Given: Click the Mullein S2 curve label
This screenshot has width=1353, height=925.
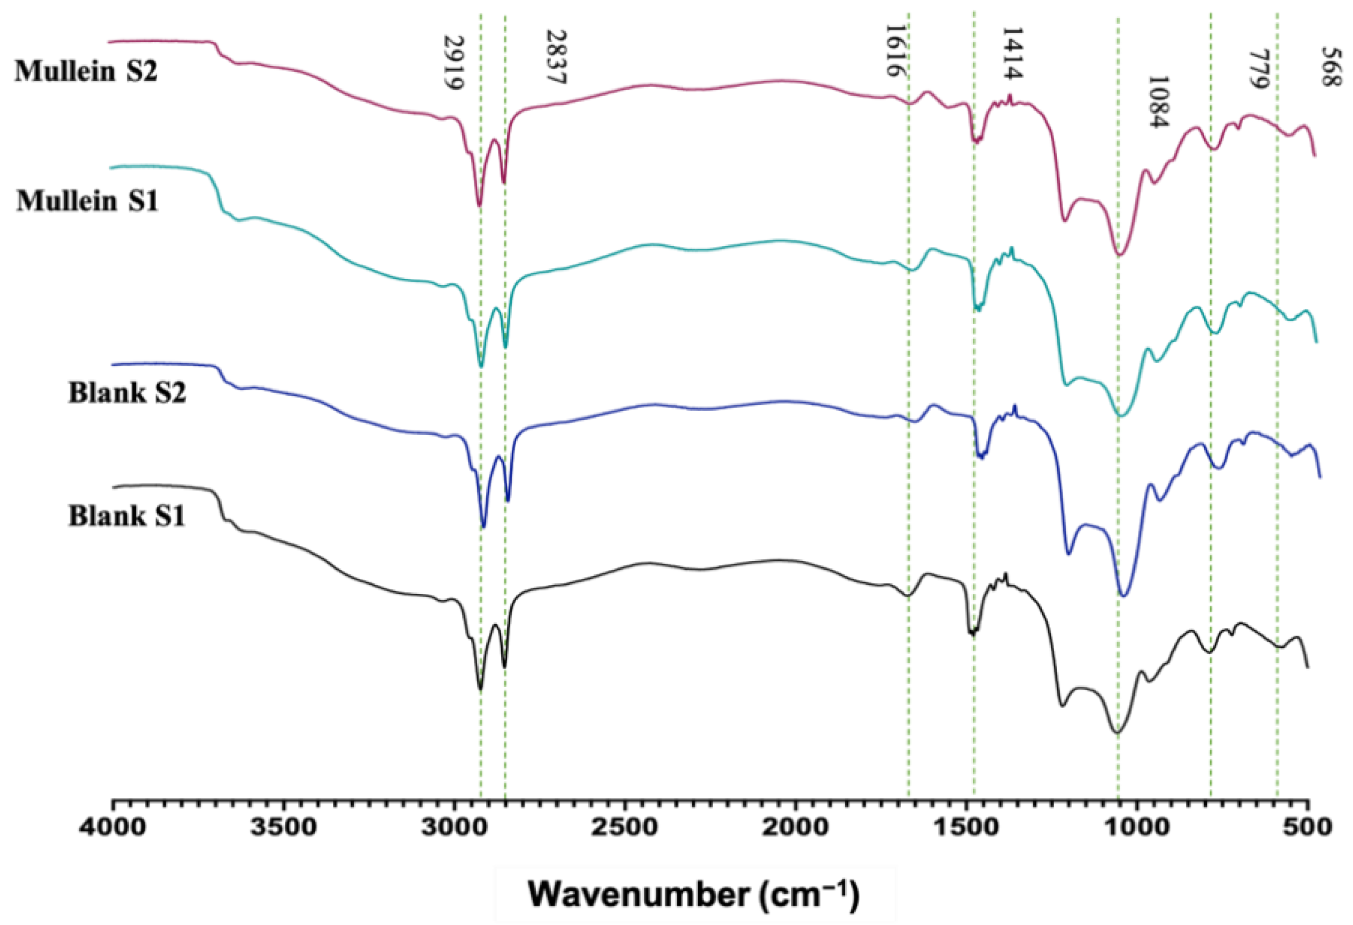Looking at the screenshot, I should click(86, 72).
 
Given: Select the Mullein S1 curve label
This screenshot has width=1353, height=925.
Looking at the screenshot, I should click(88, 201).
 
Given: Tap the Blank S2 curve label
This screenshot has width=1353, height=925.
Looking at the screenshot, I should click(128, 394).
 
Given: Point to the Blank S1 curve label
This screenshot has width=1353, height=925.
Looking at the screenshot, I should click(127, 516).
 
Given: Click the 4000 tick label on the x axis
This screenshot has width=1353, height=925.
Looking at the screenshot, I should click(113, 827).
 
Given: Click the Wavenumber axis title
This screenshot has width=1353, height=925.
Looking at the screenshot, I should click(694, 894).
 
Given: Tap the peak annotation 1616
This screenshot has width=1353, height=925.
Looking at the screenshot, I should click(893, 51).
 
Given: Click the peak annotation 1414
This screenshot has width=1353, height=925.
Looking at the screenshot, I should click(1012, 53).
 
